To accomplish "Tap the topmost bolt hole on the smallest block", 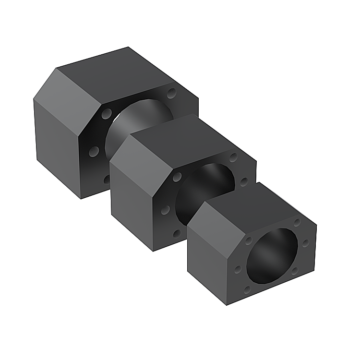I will click(297, 222).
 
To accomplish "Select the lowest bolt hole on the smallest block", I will click(247, 289).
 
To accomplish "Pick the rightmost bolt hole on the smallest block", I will click(305, 243).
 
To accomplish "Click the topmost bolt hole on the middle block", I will click(233, 157).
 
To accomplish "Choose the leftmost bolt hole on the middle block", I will click(166, 210).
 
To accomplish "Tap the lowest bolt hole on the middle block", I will click(177, 233).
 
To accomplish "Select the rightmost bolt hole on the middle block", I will click(244, 181).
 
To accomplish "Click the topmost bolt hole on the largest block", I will click(171, 91).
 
